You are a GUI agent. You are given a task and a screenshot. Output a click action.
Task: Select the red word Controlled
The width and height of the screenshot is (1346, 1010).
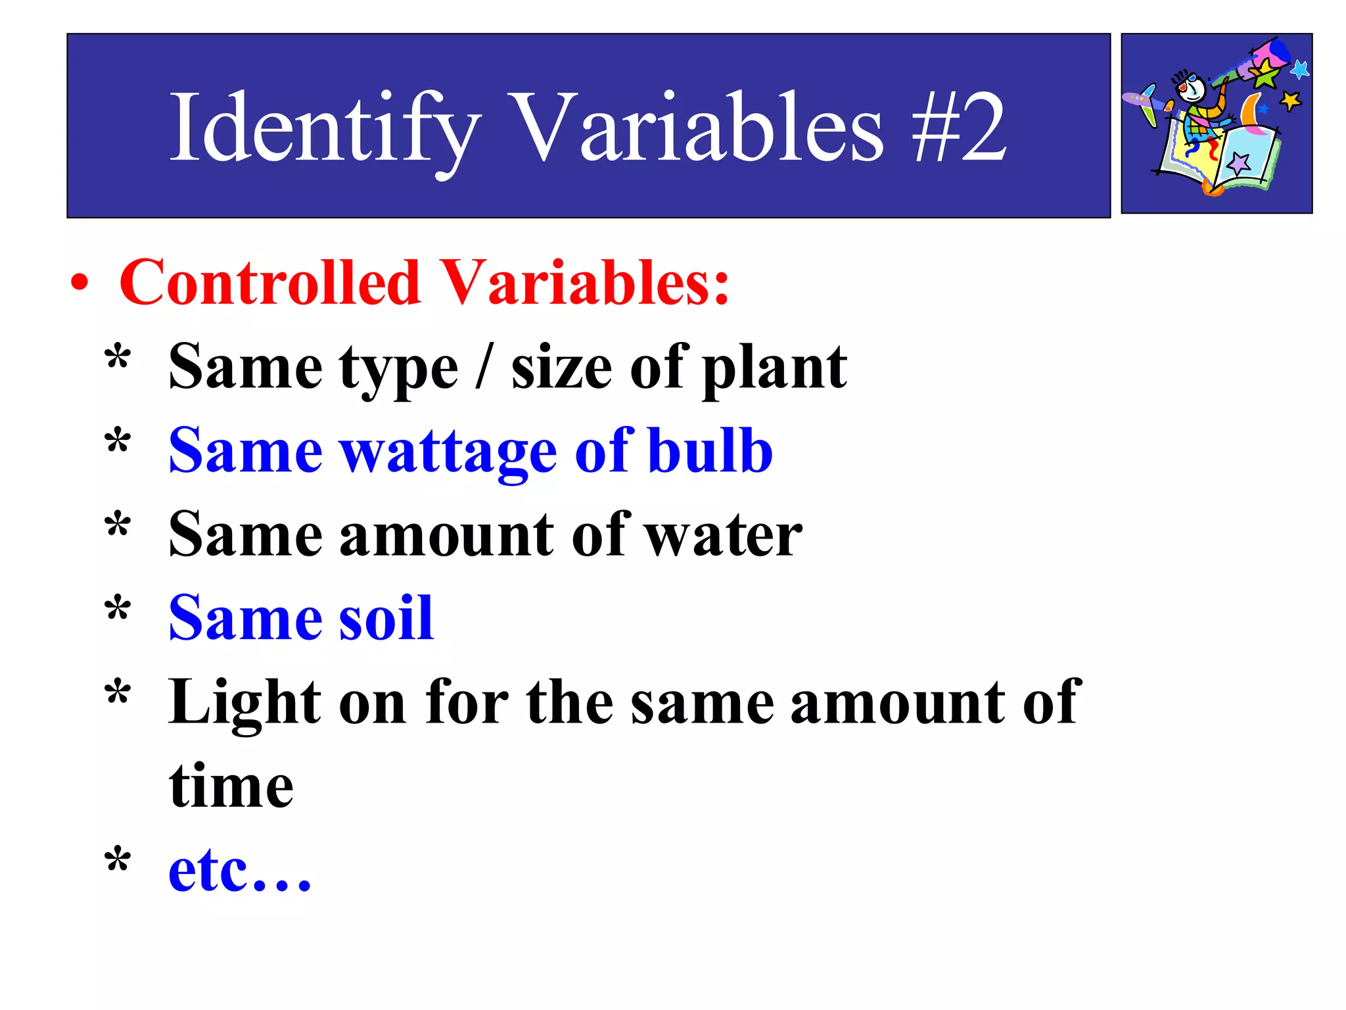(269, 282)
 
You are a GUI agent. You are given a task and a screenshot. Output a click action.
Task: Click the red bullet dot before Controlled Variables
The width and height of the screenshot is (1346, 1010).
(80, 283)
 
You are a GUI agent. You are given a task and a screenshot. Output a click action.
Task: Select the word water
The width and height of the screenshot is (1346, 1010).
(723, 536)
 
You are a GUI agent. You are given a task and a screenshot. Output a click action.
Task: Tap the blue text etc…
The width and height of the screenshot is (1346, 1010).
(240, 871)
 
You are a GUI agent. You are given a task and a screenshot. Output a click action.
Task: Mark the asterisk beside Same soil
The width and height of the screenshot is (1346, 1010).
(118, 608)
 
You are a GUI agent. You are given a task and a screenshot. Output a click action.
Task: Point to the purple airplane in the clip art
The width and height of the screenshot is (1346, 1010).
(1144, 102)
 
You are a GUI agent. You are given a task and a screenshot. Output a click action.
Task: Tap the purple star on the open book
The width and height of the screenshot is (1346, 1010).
(1239, 162)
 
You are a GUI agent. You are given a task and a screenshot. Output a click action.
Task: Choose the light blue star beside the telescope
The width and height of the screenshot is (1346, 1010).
(1299, 69)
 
